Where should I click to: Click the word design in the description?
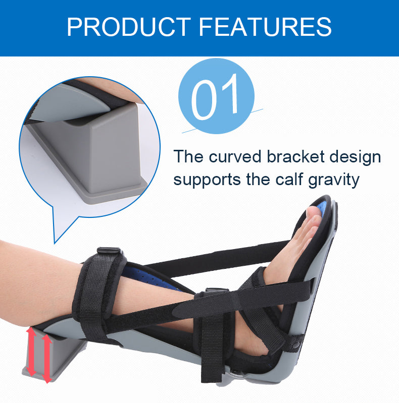coord(356,157)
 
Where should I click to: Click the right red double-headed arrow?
coord(47,357)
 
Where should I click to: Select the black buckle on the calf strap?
coord(109,251)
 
